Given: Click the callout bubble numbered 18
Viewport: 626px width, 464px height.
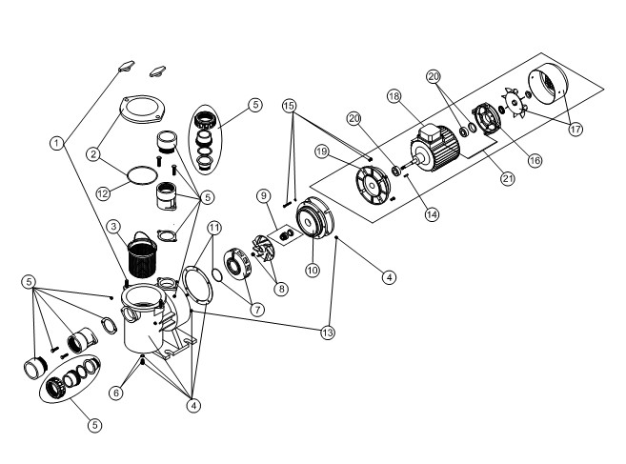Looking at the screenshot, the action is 394,96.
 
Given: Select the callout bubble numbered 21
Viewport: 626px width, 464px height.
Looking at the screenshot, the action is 508,178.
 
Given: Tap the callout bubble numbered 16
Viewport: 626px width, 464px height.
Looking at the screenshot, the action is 535,160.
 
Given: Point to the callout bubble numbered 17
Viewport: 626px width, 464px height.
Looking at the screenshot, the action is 576,129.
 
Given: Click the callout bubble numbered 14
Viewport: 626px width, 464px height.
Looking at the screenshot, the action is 432,214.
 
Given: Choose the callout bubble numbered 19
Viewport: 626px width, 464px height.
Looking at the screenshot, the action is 322,151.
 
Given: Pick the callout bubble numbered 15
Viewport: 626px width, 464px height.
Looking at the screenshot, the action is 290,106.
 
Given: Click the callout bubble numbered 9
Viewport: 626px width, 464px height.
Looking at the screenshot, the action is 264,196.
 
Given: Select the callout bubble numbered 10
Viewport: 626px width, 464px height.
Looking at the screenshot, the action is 313,271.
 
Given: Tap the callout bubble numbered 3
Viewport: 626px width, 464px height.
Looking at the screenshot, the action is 113,227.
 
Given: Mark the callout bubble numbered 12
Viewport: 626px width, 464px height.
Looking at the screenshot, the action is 103,193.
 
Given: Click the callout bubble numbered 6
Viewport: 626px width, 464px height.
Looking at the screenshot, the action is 116,393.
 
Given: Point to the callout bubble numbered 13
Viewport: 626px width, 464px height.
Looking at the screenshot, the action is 328,333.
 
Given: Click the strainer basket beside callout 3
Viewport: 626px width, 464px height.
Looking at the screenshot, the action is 142,255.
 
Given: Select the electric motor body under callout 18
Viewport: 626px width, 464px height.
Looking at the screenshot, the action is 435,147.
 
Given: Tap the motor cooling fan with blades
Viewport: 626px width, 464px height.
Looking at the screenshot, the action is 515,103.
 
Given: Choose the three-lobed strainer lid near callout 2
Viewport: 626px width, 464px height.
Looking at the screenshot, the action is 144,109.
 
